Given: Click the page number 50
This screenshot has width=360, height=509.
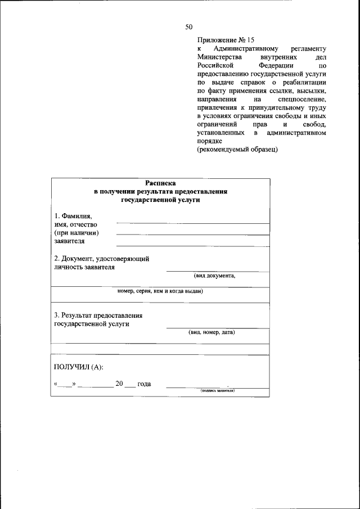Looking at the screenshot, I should click(x=189, y=26).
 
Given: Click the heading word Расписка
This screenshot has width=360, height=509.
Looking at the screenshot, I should click(x=160, y=183).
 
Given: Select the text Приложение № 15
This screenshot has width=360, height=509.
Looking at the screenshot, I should click(x=226, y=40).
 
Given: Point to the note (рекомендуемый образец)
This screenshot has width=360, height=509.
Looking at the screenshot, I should click(x=237, y=150).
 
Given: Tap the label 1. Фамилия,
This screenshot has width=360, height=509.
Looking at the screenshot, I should click(x=73, y=217).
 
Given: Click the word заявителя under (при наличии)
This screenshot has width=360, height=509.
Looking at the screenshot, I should click(x=69, y=241).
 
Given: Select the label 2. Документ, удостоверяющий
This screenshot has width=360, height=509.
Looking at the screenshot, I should click(x=101, y=259).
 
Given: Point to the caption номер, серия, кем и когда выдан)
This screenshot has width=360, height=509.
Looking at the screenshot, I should click(x=160, y=291).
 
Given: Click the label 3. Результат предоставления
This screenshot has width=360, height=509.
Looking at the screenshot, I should click(x=98, y=316).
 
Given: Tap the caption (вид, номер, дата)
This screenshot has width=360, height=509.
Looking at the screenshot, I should click(x=211, y=332).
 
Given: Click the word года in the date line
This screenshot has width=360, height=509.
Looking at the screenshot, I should click(x=144, y=384).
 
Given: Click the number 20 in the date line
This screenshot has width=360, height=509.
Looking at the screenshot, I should click(x=119, y=384).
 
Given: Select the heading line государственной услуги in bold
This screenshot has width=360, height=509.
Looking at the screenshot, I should click(x=160, y=200).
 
